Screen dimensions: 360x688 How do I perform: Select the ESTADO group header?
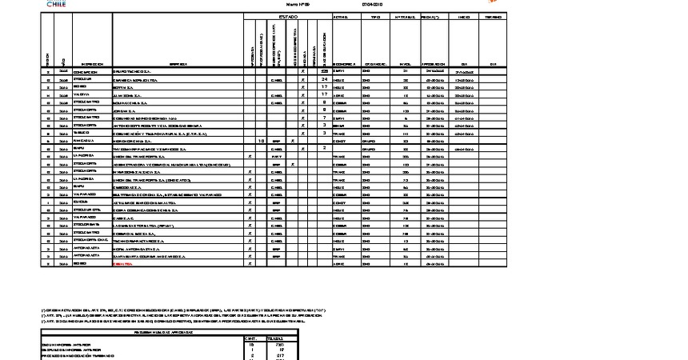point(287,16)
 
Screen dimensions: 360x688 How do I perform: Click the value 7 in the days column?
point(324,118)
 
